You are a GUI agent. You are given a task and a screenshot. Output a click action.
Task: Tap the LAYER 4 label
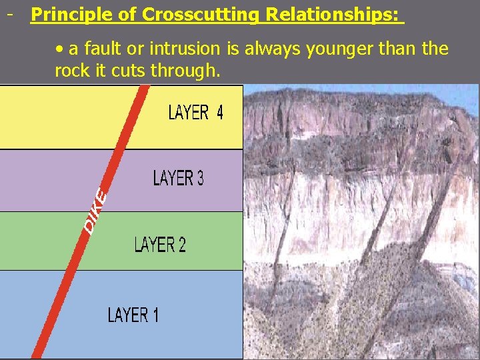(x=195, y=113)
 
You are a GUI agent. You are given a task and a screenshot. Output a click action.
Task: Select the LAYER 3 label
(x=178, y=179)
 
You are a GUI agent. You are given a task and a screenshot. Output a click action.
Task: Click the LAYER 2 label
(x=160, y=245)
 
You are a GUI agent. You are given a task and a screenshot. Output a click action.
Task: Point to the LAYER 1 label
(x=133, y=314)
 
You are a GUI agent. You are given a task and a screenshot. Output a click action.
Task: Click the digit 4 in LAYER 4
(x=218, y=113)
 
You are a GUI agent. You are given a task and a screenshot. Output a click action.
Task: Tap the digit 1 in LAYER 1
(x=155, y=314)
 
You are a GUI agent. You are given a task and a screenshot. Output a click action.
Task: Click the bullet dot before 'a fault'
(x=60, y=49)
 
